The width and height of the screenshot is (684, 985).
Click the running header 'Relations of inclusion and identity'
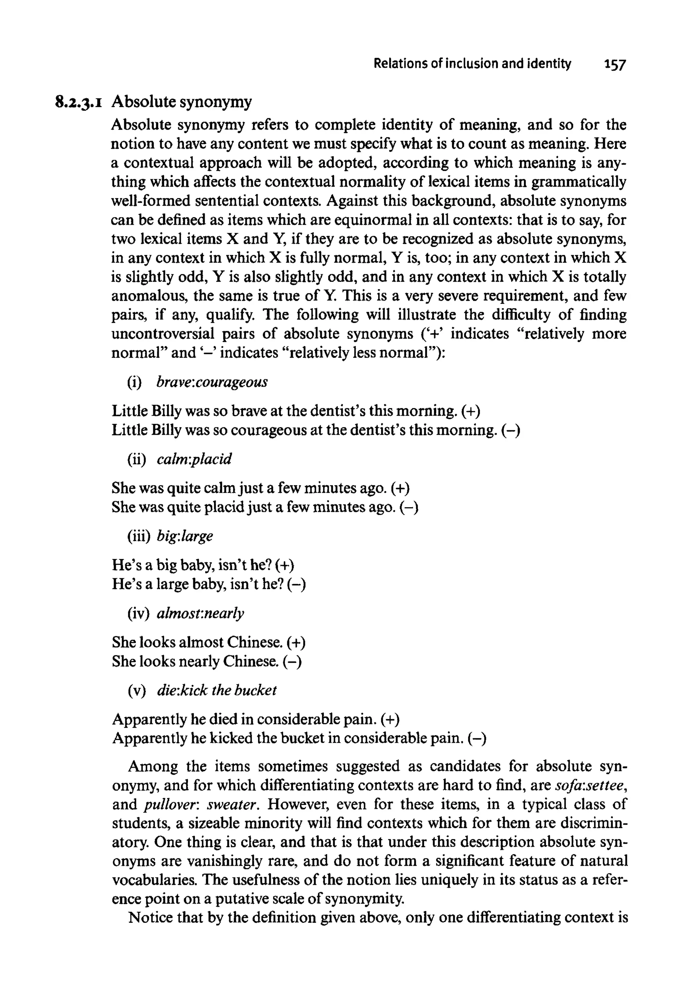pyautogui.click(x=472, y=63)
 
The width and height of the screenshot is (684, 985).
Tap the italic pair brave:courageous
pyautogui.click(x=212, y=381)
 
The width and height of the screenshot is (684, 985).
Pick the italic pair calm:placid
pyautogui.click(x=194, y=459)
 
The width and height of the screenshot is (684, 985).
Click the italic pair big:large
pyautogui.click(x=184, y=536)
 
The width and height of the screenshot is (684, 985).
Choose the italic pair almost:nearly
pyautogui.click(x=200, y=613)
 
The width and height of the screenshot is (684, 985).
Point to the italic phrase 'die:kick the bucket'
pyautogui.click(x=216, y=690)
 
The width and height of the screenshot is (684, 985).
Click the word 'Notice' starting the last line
pyautogui.click(x=149, y=917)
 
